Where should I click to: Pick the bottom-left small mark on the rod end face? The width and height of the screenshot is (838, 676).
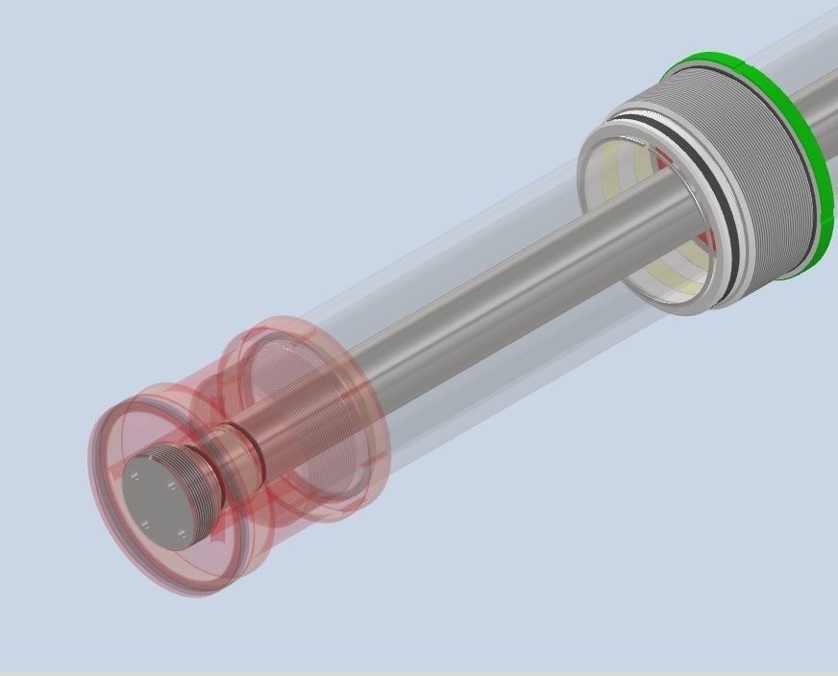144,524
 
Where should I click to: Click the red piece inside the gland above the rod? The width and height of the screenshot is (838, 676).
663,154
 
